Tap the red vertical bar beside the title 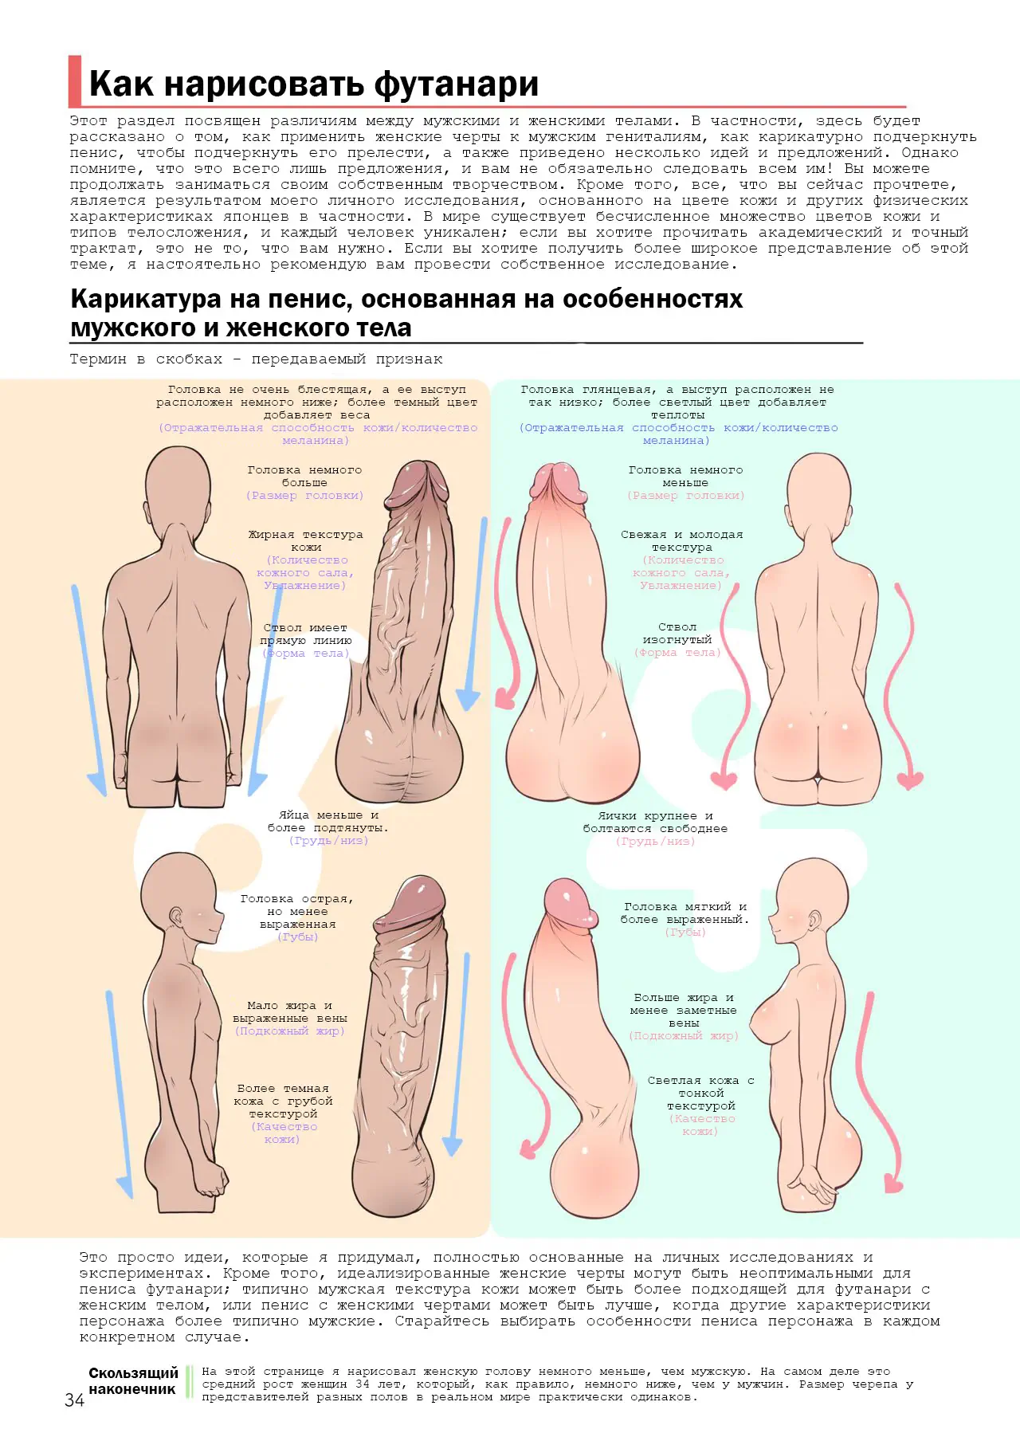tap(75, 80)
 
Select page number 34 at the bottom tap(74, 1400)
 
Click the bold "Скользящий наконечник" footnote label tap(132, 1380)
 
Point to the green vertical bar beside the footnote tap(190, 1381)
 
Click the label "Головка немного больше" tap(304, 476)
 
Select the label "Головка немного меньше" tap(685, 476)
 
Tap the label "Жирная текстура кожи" tap(305, 540)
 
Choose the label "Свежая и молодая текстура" tap(682, 540)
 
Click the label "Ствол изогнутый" tap(677, 633)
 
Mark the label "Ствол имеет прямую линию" tap(306, 634)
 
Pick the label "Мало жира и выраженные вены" tap(290, 1011)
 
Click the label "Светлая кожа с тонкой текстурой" tap(701, 1093)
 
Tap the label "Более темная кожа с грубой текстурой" tap(283, 1101)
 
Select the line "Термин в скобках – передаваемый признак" tap(256, 359)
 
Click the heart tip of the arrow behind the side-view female tap(894, 1184)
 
